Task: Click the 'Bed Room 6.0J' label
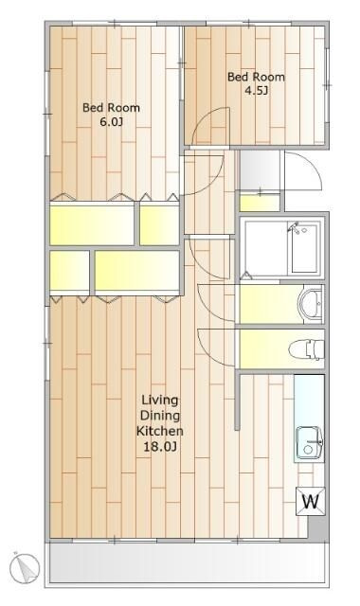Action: click(x=112, y=115)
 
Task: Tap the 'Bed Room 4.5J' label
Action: click(x=256, y=83)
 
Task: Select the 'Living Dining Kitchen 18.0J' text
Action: click(x=160, y=423)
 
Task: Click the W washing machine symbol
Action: click(x=311, y=501)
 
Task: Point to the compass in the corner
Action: click(x=25, y=568)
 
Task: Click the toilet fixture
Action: click(x=306, y=349)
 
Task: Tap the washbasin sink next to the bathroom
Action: click(x=310, y=304)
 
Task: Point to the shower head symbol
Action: click(x=294, y=227)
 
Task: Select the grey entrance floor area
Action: click(x=260, y=169)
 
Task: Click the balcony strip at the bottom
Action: click(x=187, y=562)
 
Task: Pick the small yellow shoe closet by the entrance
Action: click(x=260, y=203)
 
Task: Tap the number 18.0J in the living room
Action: click(x=160, y=447)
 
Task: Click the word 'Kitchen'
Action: click(x=160, y=431)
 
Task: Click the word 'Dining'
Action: click(x=160, y=416)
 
